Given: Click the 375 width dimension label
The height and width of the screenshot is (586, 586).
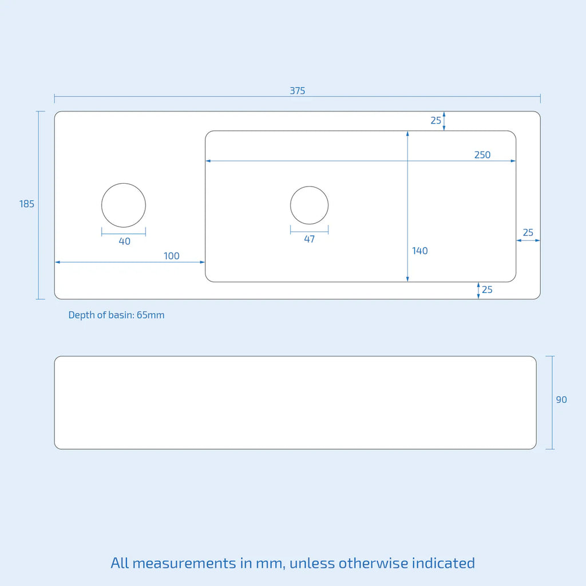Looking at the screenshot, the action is [x=298, y=90].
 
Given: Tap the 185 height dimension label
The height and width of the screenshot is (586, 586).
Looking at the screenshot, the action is [x=26, y=204].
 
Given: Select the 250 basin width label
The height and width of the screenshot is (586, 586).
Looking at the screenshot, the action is [x=482, y=155].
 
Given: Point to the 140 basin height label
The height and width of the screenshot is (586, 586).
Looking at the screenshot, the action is [x=419, y=251].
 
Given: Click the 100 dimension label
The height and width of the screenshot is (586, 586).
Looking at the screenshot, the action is [x=172, y=256].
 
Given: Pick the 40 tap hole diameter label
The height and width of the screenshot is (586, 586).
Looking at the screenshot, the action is [x=124, y=241].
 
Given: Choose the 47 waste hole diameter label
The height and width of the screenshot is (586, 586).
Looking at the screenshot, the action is [x=310, y=239].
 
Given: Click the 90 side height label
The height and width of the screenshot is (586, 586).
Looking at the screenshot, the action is [x=561, y=399].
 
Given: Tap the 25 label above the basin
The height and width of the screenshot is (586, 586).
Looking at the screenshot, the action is [x=435, y=120].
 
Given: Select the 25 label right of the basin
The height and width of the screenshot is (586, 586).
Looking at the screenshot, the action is [x=528, y=232].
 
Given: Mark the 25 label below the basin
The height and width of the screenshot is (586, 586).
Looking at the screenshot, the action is [x=487, y=290].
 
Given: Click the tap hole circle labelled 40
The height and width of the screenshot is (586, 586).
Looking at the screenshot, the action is [x=124, y=205].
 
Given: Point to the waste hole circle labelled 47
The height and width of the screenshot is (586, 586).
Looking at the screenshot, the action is [x=310, y=205].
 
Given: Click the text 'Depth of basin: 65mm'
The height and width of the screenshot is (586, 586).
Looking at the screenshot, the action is [x=116, y=315].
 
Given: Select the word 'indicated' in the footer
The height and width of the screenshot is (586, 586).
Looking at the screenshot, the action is [x=444, y=563].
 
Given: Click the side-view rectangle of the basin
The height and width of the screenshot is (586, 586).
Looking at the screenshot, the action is [x=295, y=402].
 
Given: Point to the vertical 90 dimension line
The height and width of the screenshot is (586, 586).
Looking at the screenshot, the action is [x=553, y=402].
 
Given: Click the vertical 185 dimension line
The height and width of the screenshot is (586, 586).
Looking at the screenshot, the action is [x=38, y=205].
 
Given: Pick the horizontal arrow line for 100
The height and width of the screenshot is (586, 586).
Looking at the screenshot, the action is [x=130, y=262].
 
